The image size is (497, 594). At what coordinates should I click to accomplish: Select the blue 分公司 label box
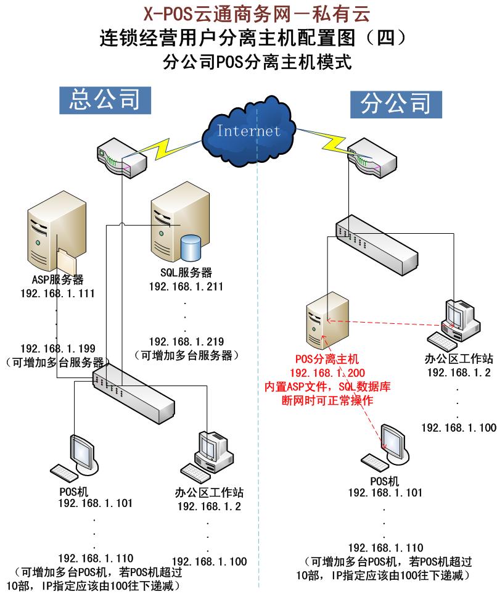(395, 104)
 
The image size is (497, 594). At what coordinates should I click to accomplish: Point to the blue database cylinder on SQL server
(191, 247)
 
